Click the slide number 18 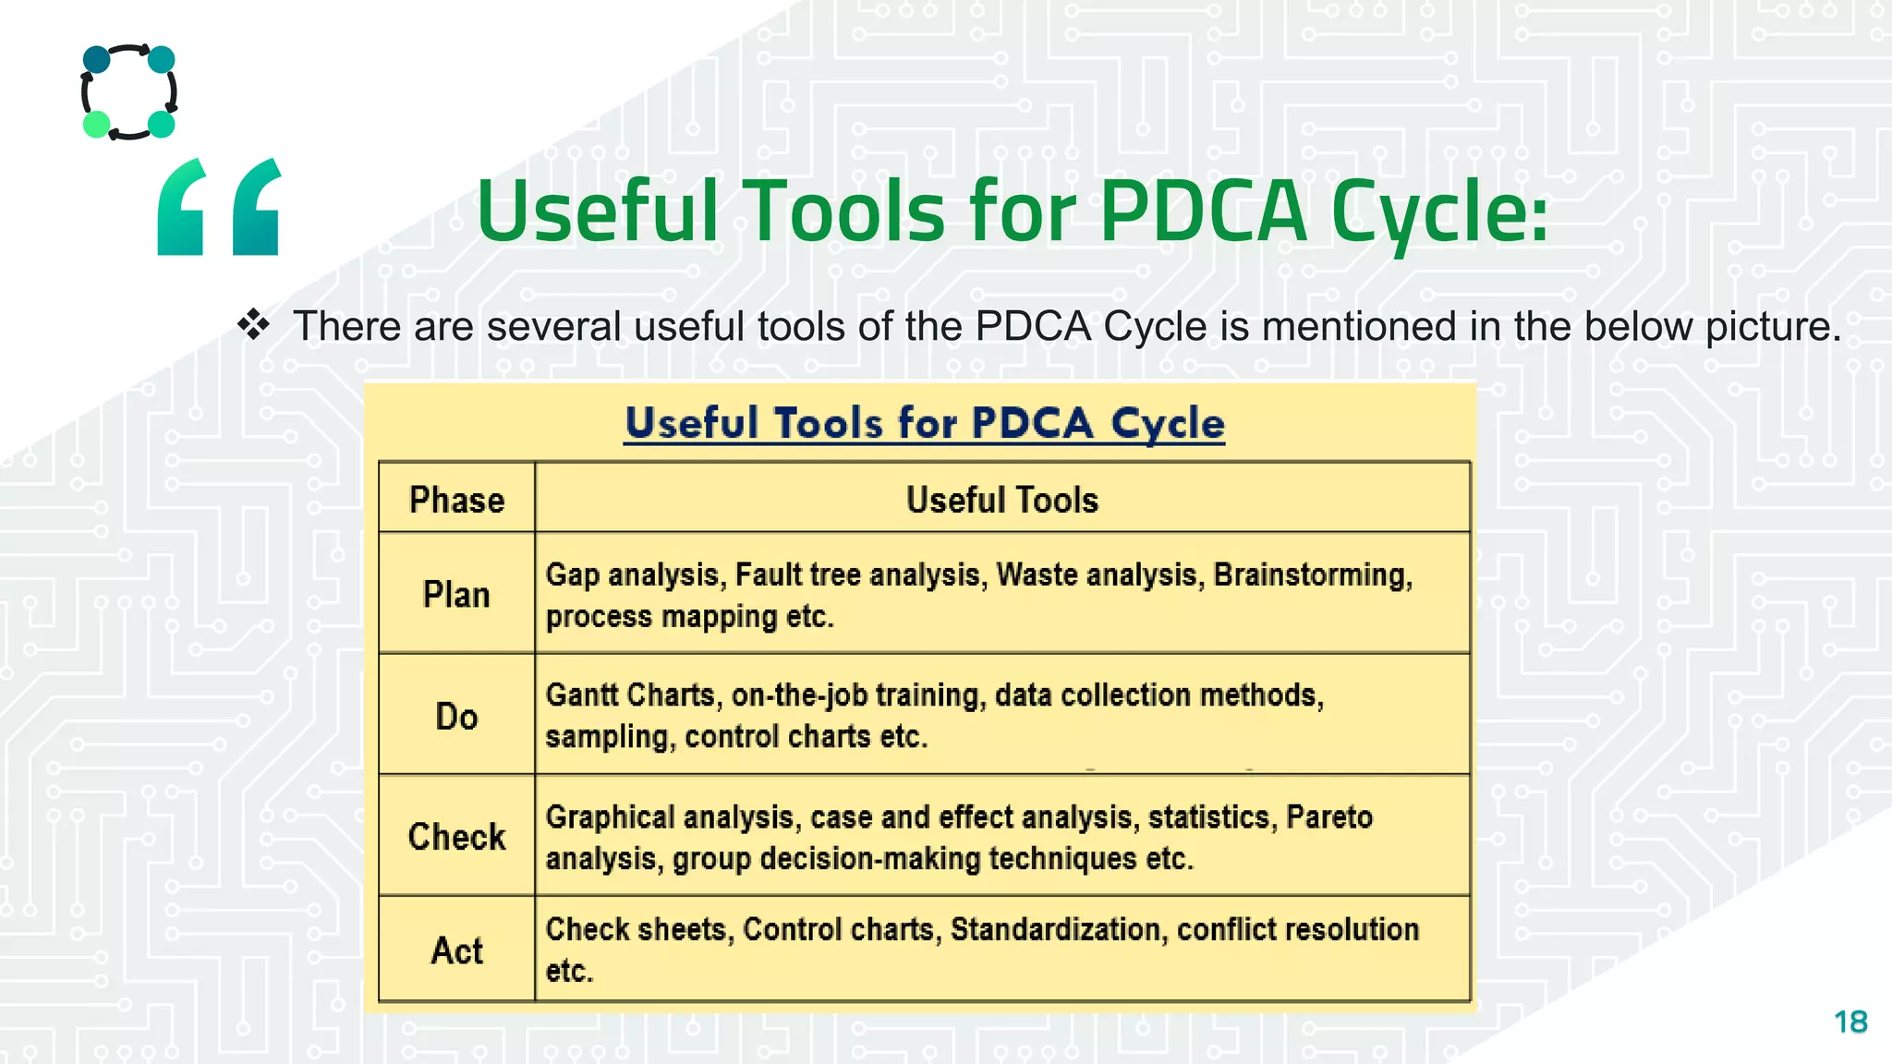point(1850,1022)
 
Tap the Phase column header point(456,500)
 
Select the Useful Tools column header point(1001,500)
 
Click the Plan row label point(456,595)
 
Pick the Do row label point(456,717)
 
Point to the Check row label point(456,837)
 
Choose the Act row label point(456,950)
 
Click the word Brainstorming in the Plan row point(1312,575)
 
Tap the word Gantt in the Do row point(584,695)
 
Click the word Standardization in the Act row point(1055,929)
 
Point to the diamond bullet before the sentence point(253,324)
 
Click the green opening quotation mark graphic point(219,207)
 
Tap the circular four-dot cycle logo point(129,91)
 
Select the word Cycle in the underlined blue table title point(1167,423)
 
